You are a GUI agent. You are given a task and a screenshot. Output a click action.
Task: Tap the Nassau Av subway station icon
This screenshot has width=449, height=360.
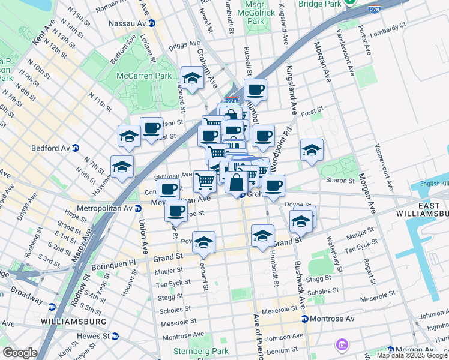point(152,23)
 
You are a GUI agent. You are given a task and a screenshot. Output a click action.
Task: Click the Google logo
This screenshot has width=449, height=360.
point(20,353)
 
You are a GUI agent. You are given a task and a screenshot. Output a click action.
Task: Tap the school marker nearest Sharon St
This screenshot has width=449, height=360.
point(312,150)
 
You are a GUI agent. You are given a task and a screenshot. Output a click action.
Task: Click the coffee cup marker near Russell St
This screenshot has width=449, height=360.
point(255,89)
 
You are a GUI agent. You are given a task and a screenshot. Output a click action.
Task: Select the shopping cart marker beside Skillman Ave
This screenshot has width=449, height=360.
point(205,180)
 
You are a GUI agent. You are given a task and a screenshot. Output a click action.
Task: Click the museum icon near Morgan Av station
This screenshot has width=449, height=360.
point(342,345)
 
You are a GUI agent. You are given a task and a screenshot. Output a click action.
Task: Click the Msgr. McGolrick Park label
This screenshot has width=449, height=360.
point(256,12)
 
